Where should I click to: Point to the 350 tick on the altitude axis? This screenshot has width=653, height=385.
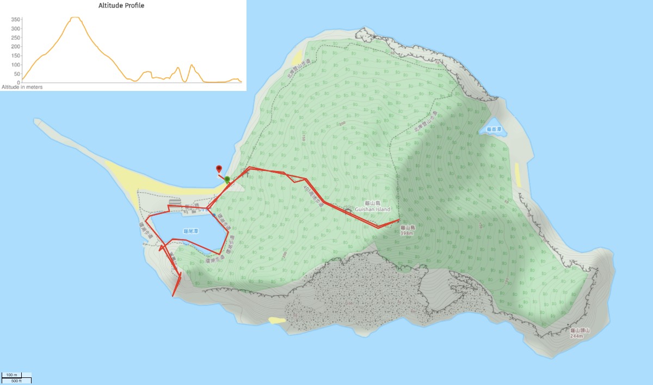(16, 19)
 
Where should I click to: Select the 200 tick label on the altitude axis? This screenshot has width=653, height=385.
(16, 46)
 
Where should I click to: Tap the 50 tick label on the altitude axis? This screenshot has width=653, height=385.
(17, 74)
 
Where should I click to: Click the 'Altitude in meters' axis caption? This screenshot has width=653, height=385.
(22, 87)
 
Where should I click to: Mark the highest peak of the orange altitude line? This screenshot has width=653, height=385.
(76, 17)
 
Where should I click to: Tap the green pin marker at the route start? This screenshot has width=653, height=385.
(227, 180)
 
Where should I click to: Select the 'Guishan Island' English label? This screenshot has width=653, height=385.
(373, 209)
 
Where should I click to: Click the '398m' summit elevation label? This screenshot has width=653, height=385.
(408, 233)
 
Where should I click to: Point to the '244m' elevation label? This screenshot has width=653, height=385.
(576, 336)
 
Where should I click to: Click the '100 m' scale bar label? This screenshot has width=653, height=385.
(11, 375)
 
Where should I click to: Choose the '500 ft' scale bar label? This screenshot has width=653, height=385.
(16, 381)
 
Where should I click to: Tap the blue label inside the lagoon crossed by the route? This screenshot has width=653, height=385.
(190, 231)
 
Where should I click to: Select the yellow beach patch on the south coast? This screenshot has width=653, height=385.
(276, 320)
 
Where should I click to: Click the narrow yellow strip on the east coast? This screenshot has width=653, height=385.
(518, 175)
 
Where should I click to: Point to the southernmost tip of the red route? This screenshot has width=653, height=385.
(173, 296)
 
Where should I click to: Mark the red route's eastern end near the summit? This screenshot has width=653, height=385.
(400, 220)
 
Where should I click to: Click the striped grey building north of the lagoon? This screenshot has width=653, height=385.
(175, 203)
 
